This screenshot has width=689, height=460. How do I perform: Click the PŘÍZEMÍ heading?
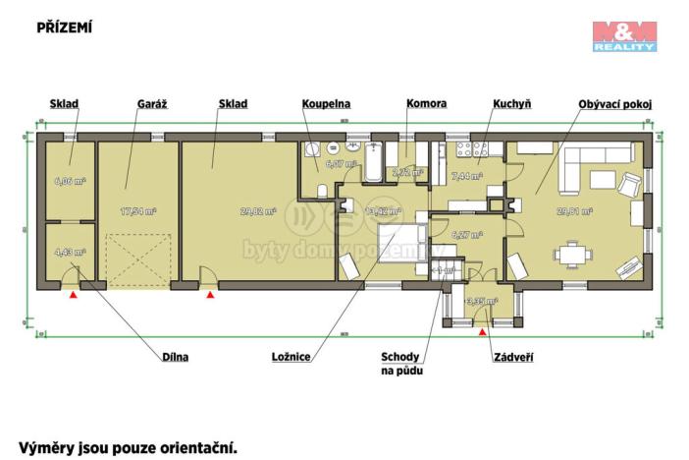point(65,29)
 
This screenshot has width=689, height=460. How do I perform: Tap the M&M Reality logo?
point(624,35)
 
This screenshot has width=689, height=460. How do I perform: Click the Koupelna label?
point(326,103)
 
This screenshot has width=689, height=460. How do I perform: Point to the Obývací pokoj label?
point(616,103)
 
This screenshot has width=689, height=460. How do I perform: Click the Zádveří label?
point(513,357)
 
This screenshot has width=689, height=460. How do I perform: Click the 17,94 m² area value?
point(137,210)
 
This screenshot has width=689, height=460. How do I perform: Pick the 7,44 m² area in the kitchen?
point(465,177)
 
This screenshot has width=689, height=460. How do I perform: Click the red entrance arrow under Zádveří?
point(482,333)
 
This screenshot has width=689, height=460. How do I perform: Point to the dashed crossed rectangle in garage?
point(137,259)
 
